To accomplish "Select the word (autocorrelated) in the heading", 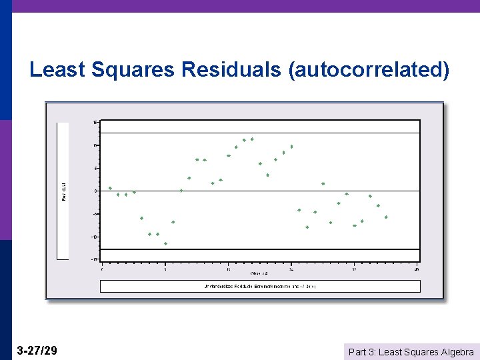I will click(369, 70).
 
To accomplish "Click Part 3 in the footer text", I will click(363, 352).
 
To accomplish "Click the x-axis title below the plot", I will click(260, 273).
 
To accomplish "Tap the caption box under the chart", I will click(260, 286).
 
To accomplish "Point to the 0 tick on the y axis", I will click(96, 191).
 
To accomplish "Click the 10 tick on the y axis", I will click(96, 145).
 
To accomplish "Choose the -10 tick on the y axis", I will click(95, 237).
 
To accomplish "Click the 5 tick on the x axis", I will click(165, 269).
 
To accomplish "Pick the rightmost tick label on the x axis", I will click(417, 269).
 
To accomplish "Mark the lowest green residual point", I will click(165, 243).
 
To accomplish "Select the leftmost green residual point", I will click(110, 188).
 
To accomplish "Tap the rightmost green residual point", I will click(386, 217).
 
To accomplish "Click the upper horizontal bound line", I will click(260, 133).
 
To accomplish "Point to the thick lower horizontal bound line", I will click(260, 249).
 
